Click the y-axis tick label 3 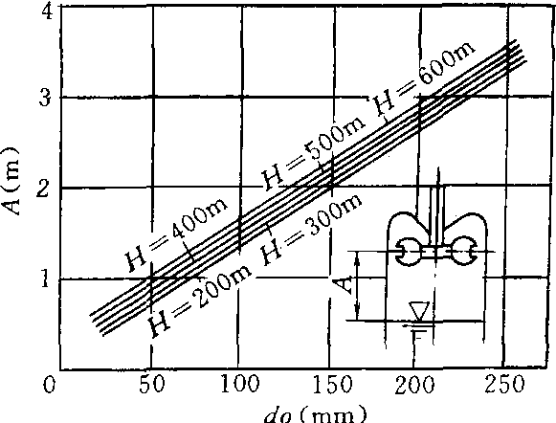pos(46,98)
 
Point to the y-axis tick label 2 pos(44,189)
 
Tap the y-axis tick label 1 pos(45,279)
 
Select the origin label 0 pos(50,385)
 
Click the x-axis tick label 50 pos(152,385)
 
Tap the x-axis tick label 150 pos(332,385)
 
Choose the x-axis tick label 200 pos(415,385)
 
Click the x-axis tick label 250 pos(504,385)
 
